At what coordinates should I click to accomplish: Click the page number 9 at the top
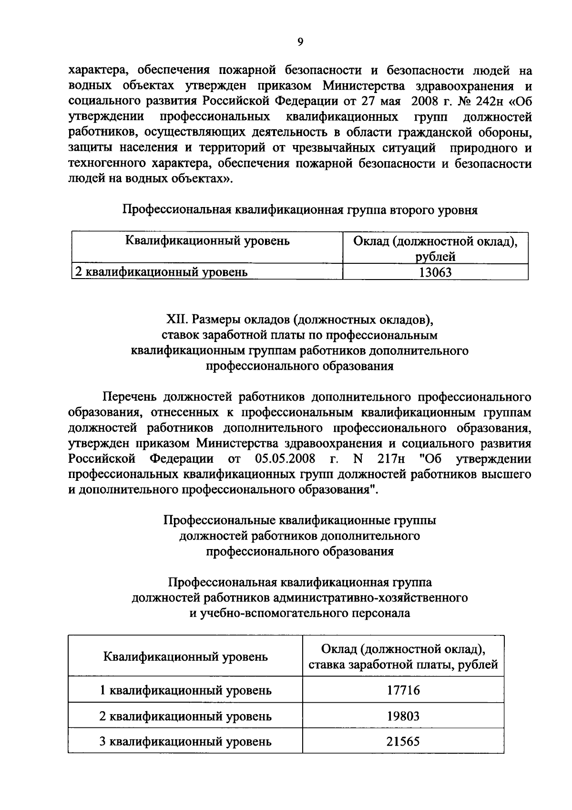300,42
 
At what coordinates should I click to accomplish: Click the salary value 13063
435,272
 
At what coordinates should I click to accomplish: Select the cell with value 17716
403,690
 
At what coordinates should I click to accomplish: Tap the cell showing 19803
403,716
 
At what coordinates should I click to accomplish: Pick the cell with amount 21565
403,742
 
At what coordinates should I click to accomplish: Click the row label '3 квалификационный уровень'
185,742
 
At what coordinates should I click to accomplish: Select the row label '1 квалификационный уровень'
185,690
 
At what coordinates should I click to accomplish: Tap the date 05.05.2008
285,459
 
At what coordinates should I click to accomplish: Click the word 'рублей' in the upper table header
435,257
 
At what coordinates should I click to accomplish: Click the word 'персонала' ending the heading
381,613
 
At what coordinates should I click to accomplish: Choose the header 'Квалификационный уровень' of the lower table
185,656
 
